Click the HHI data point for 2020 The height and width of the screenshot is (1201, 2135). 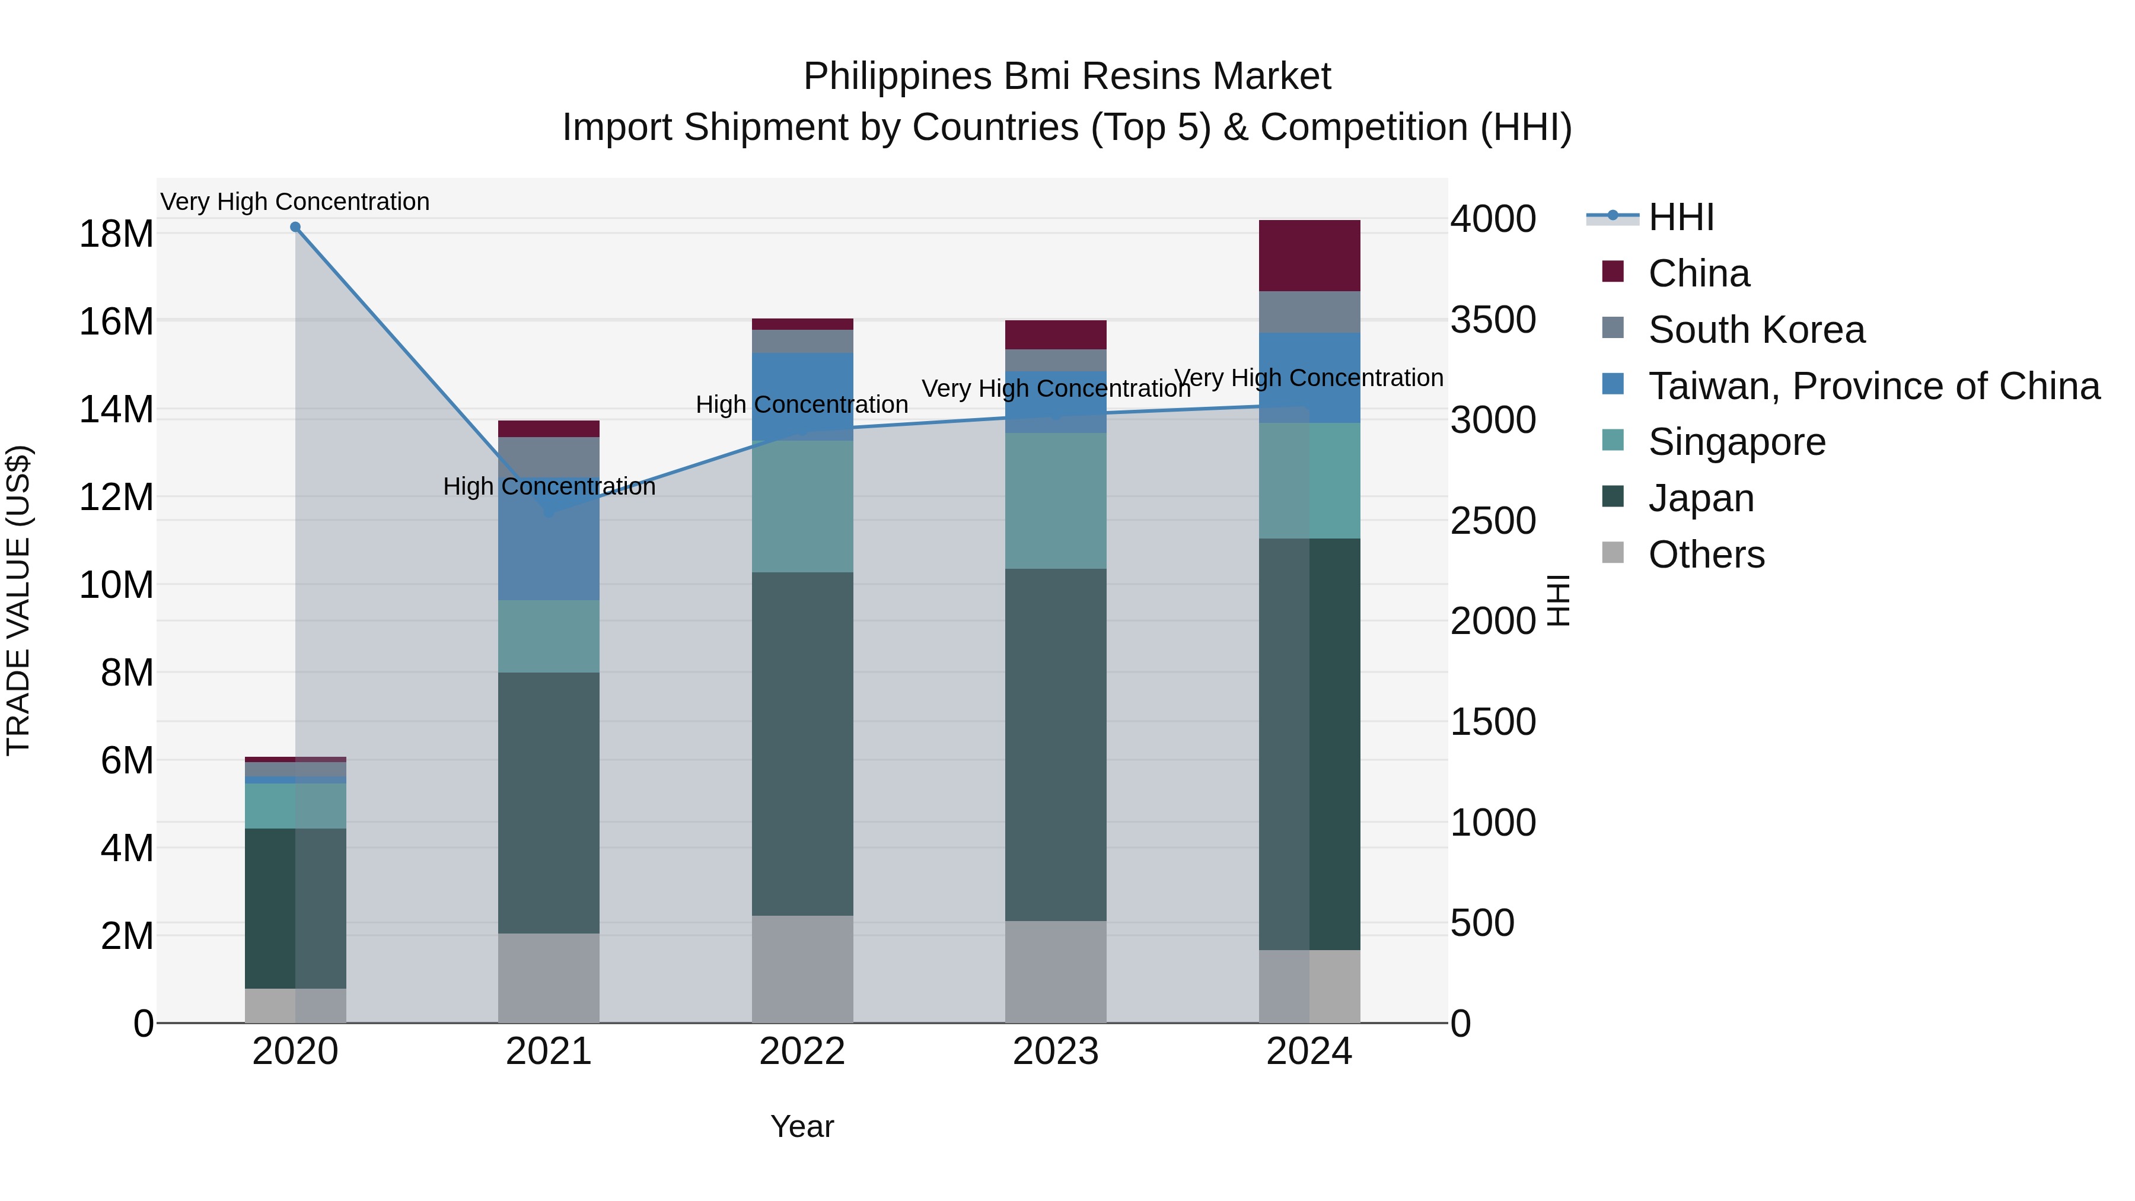click(295, 227)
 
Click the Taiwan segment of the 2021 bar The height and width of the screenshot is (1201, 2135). click(548, 547)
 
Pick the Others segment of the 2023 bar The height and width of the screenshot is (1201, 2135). click(1055, 971)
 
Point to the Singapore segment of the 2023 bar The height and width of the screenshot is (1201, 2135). click(1055, 501)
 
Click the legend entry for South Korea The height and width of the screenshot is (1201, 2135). click(1755, 330)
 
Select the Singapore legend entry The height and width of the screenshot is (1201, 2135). click(1736, 442)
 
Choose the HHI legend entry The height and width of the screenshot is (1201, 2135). click(1680, 217)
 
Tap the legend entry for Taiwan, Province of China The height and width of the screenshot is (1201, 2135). click(1873, 386)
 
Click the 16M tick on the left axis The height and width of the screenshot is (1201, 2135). click(116, 321)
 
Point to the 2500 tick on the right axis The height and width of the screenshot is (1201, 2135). click(1493, 521)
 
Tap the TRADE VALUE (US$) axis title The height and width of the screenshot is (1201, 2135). click(18, 600)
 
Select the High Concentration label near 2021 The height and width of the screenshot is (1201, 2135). click(549, 486)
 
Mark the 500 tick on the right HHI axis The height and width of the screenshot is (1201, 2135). click(1482, 923)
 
